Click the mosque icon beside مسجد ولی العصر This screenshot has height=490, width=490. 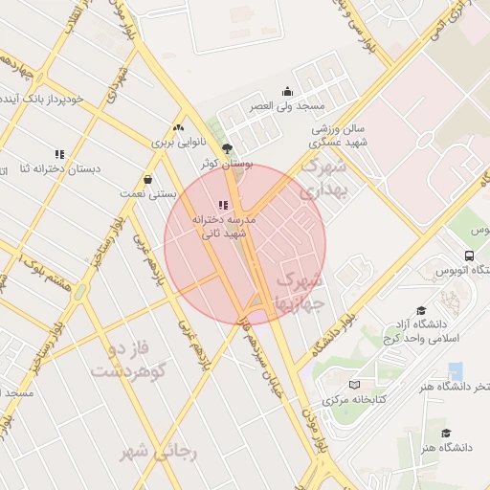coord(287,92)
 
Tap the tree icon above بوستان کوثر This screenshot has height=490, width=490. coord(227,148)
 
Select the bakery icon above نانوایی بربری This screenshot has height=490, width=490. coord(178,127)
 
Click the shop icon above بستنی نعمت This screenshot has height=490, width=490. coord(147,179)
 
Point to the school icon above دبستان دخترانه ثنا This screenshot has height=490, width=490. coord(59,153)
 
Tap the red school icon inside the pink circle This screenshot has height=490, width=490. coord(224,205)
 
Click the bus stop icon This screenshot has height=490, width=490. coord(468,256)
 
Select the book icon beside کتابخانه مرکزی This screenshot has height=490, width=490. coord(355,384)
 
